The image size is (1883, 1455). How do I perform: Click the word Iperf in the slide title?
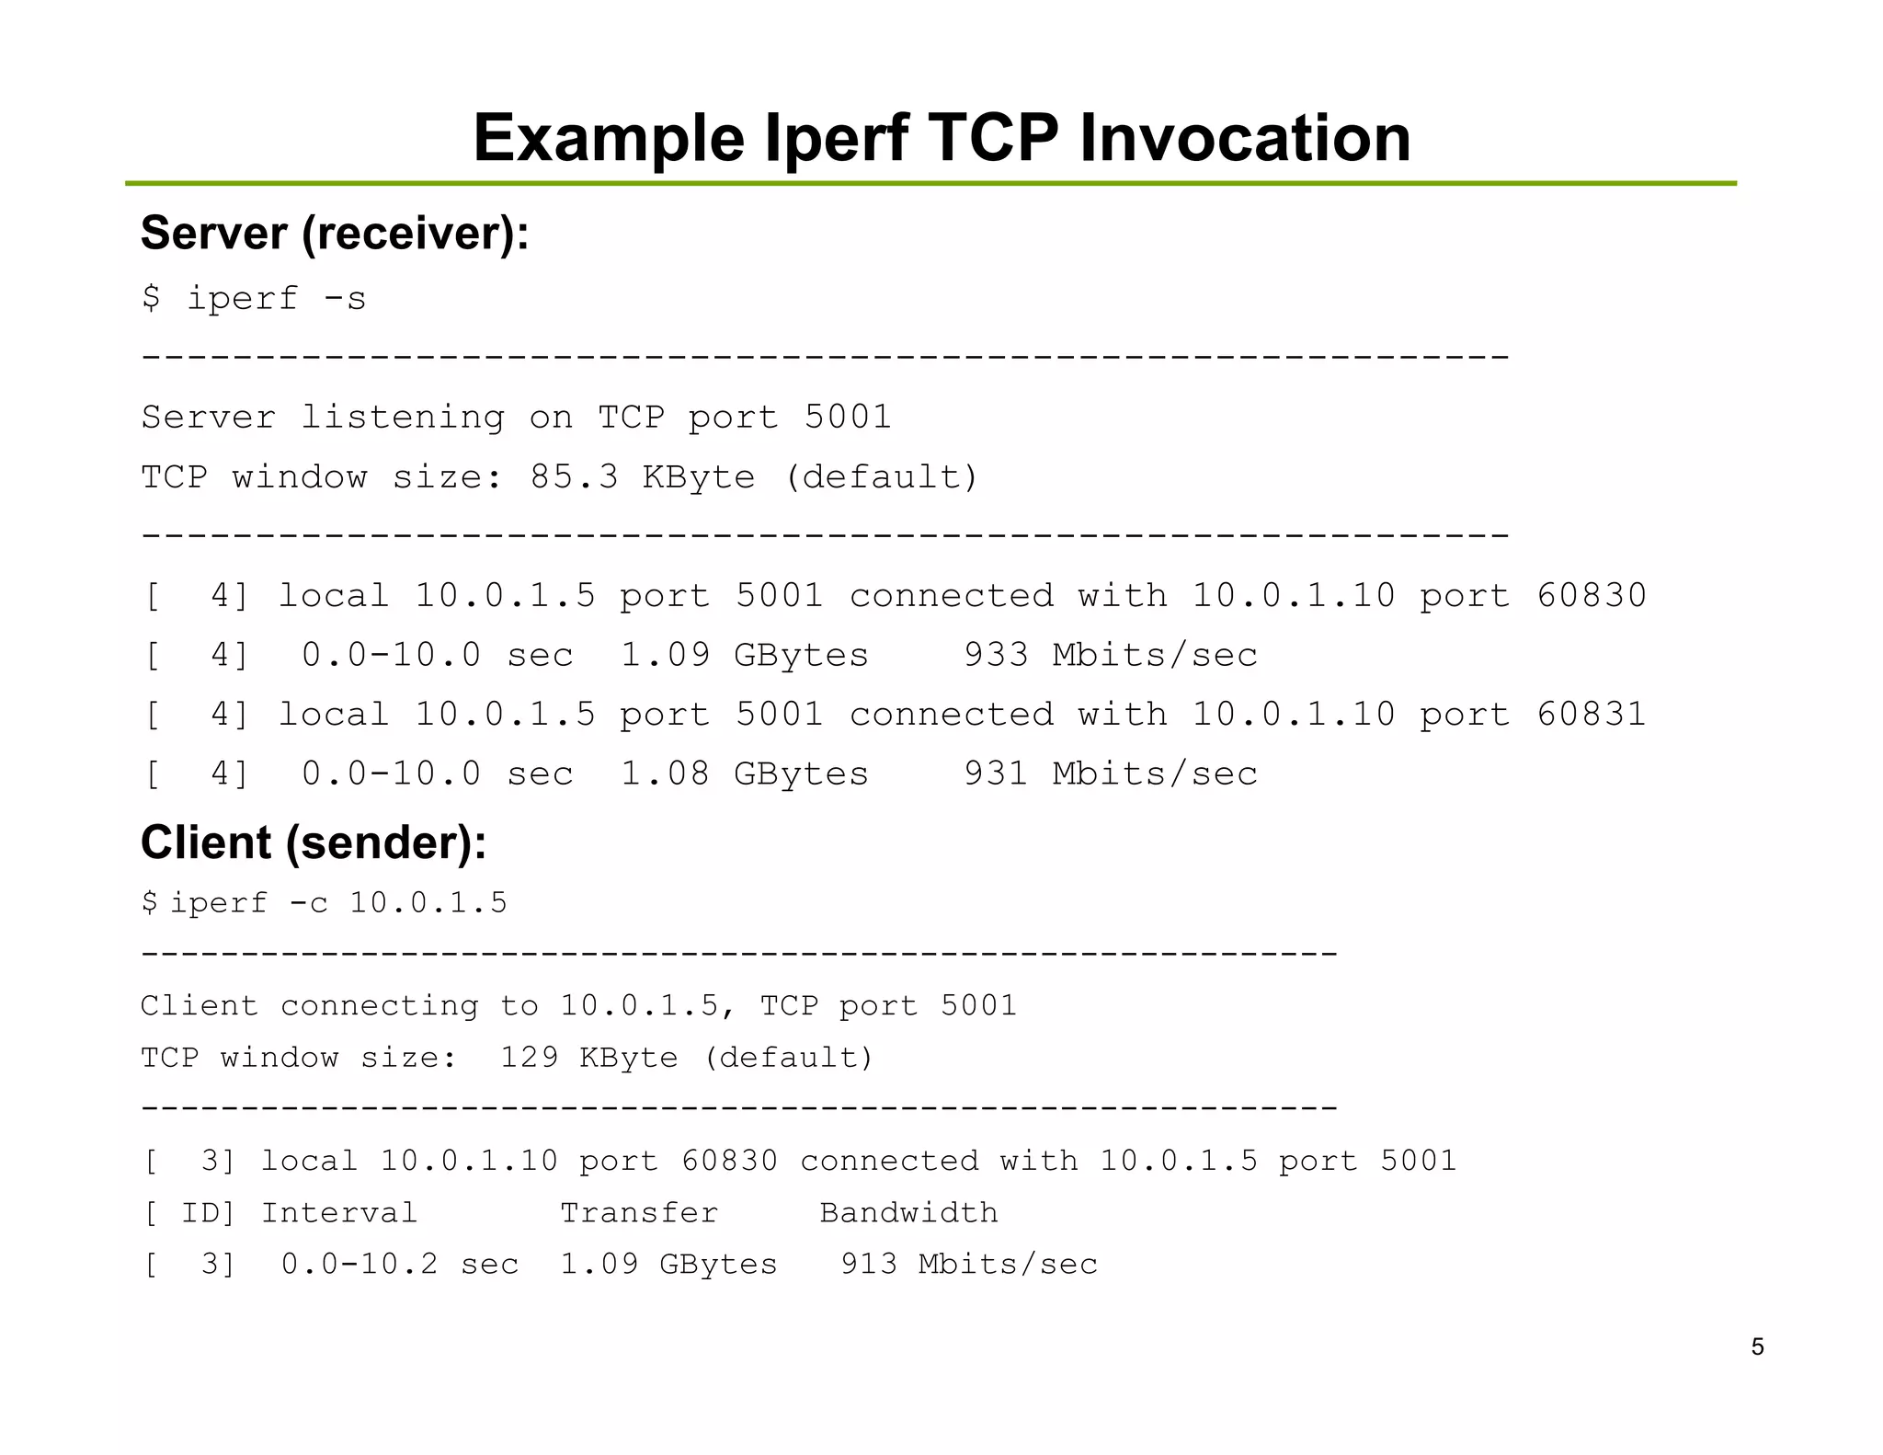(x=835, y=139)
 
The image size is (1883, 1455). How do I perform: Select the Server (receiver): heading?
(x=335, y=233)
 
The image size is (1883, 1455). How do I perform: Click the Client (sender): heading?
(x=314, y=842)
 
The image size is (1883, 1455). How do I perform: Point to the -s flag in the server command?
(x=344, y=299)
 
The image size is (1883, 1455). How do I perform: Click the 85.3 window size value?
(x=574, y=477)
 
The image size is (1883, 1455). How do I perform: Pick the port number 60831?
(x=1591, y=715)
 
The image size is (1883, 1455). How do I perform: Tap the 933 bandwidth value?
(x=996, y=655)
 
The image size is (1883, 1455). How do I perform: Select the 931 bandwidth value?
(x=996, y=773)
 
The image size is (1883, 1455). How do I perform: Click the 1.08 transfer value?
(x=665, y=773)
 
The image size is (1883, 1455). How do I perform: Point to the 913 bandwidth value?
(x=869, y=1264)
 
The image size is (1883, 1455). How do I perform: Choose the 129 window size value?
(x=529, y=1058)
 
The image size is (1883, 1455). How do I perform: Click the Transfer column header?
(x=639, y=1213)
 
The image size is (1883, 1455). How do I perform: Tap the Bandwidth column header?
(x=908, y=1213)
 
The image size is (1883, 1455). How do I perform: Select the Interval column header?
(x=339, y=1213)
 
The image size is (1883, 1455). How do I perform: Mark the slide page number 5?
(x=1757, y=1347)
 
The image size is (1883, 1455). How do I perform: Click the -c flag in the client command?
(x=308, y=903)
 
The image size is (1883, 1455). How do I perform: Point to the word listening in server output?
(x=402, y=418)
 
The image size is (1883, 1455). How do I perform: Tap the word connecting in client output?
(x=379, y=1005)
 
